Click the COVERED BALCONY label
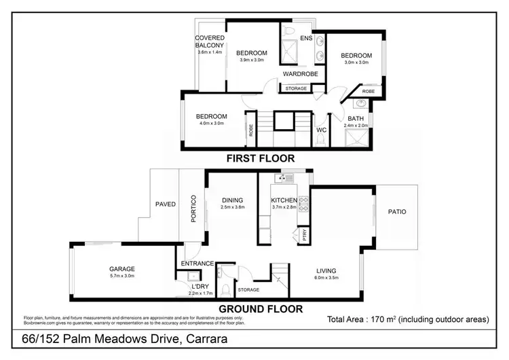tap(210, 41)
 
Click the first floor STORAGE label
tap(296, 88)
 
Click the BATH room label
tap(356, 118)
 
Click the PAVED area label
tap(166, 204)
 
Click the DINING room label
tap(232, 200)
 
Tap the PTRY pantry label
tap(304, 235)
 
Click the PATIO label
tap(398, 212)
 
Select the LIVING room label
tap(326, 271)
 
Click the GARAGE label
tap(123, 269)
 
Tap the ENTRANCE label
tap(197, 264)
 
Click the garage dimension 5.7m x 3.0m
tap(123, 276)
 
